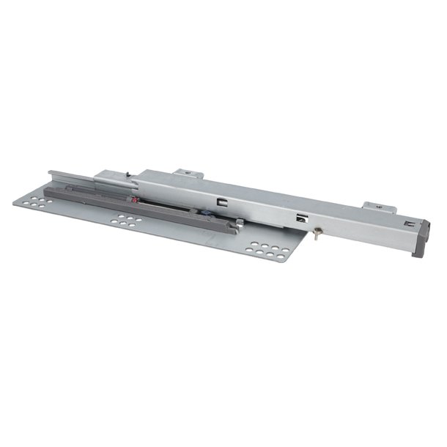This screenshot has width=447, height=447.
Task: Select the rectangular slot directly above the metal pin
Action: click(300, 217)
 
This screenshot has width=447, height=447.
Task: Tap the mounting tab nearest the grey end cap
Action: click(375, 207)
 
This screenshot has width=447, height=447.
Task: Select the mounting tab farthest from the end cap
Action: click(188, 174)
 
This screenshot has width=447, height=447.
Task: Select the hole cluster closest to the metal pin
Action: click(267, 248)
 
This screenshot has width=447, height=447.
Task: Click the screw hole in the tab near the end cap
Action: click(378, 207)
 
